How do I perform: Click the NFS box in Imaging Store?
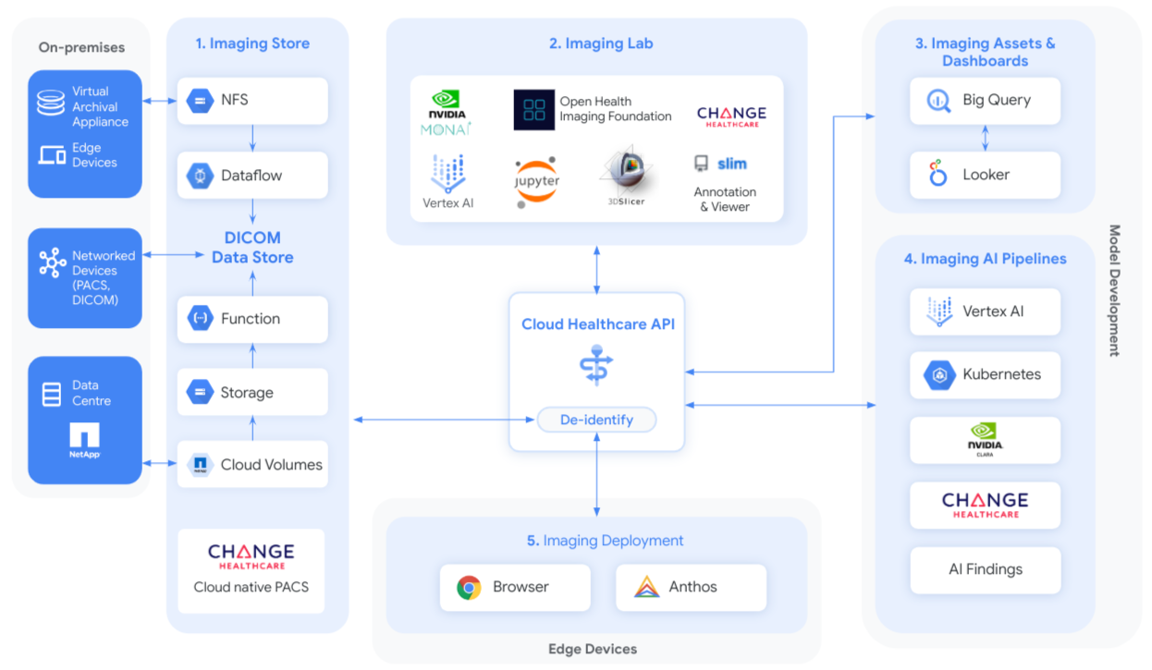pos(252,100)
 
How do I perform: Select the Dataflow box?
pos(252,175)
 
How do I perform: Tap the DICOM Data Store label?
pos(252,247)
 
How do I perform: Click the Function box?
pos(252,319)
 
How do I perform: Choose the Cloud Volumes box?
pos(252,465)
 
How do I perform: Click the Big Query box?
pos(985,101)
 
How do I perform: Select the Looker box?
pos(985,175)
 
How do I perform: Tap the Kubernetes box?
pos(985,375)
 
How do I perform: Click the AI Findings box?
pos(985,569)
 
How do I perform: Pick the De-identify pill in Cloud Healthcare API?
pos(596,420)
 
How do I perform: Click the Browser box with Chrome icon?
pos(514,588)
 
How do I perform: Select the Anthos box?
pos(691,588)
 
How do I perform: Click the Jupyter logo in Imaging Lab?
pos(537,181)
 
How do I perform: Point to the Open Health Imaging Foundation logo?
pos(534,109)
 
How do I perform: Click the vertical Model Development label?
pos(1114,290)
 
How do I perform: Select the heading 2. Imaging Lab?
pos(596,43)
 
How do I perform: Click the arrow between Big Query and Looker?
pos(985,138)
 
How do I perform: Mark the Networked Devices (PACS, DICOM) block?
pos(85,278)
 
